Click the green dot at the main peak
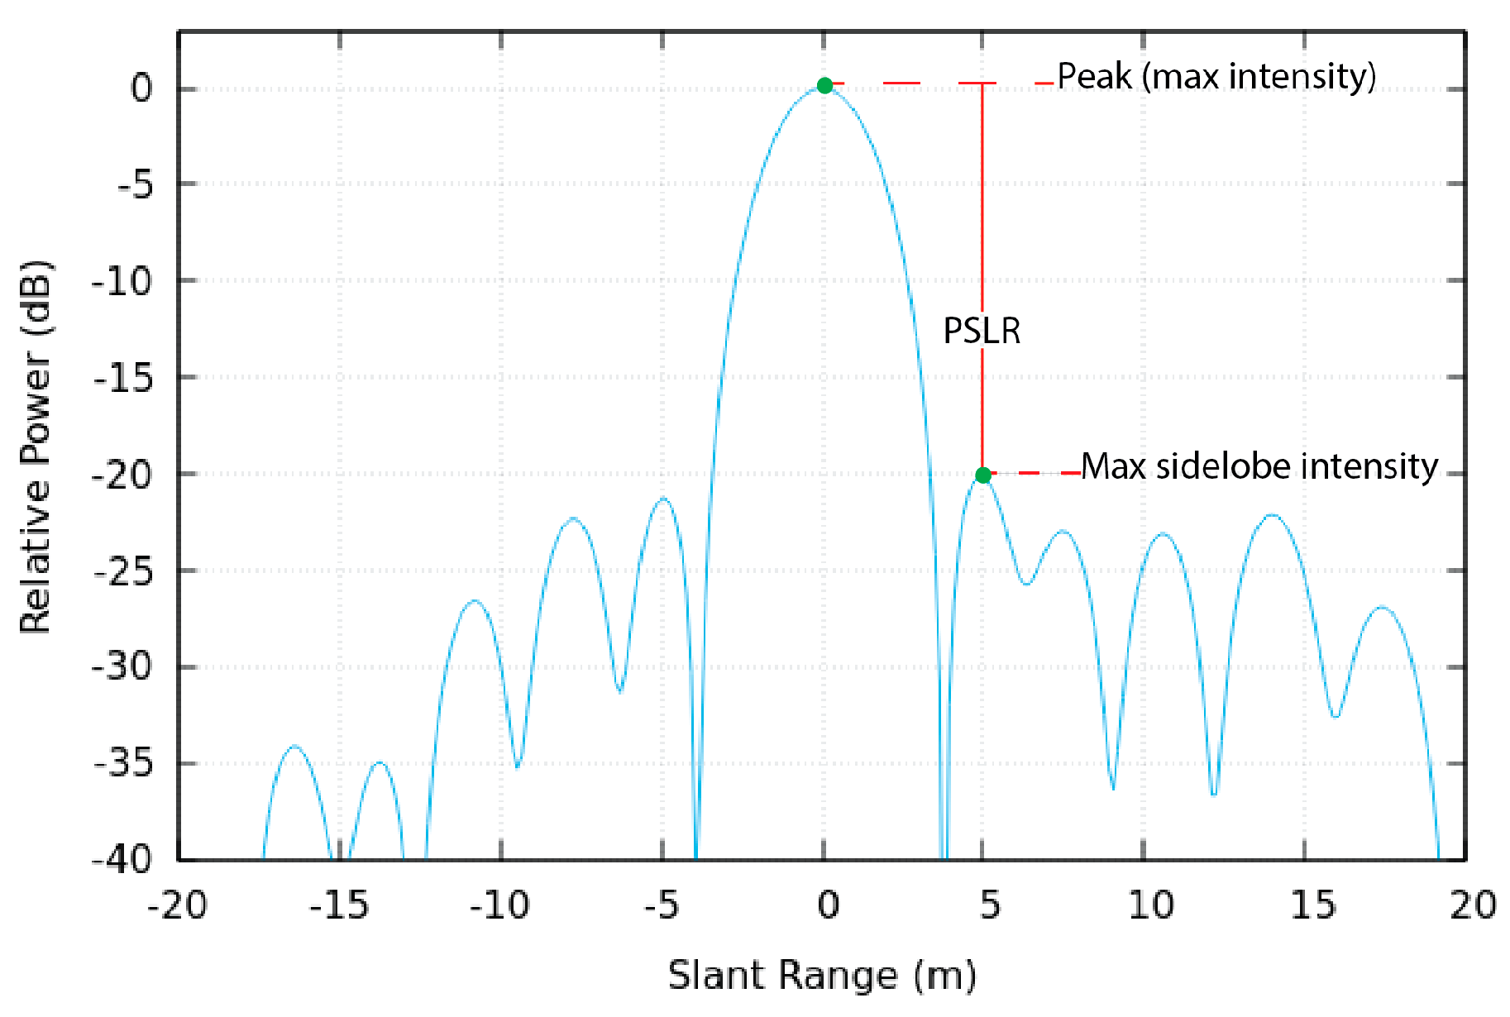[x=824, y=85]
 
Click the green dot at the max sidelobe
[x=982, y=475]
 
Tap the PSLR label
[x=982, y=331]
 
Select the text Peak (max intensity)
[x=1216, y=76]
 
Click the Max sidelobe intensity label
[x=1259, y=466]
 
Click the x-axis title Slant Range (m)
[x=822, y=975]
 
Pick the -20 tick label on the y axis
[x=122, y=475]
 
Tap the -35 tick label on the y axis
[x=122, y=763]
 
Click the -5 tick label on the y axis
[x=135, y=184]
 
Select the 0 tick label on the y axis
[x=142, y=88]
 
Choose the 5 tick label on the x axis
[x=990, y=905]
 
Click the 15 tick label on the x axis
[x=1313, y=905]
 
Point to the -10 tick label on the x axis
[x=499, y=905]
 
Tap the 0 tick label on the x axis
[x=828, y=905]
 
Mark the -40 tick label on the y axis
[x=122, y=859]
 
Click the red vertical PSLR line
[x=982, y=207]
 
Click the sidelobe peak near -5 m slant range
[x=664, y=499]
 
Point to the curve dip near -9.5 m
[x=518, y=766]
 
